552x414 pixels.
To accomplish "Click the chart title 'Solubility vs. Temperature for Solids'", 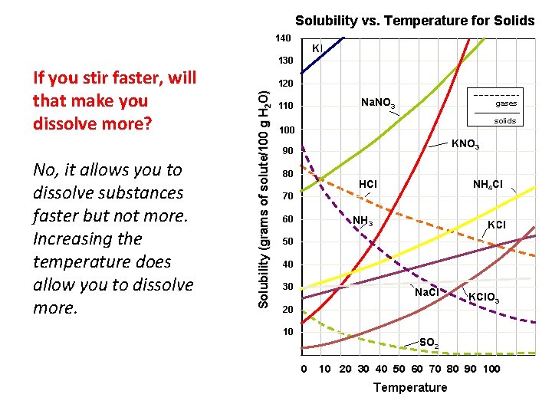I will [x=415, y=21].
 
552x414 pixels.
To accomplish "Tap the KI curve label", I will [x=317, y=48].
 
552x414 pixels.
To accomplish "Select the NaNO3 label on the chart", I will [x=378, y=103].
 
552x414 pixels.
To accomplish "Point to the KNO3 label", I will [x=465, y=144].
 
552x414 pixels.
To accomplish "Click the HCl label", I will [x=368, y=185].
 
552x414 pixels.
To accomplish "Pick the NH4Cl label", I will [x=488, y=185].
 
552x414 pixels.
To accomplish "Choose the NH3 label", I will [x=363, y=222].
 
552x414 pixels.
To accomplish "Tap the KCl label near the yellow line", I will [x=497, y=225].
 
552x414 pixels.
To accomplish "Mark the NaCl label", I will [x=426, y=293].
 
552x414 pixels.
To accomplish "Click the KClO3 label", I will [x=485, y=297].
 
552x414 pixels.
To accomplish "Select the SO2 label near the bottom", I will [x=429, y=342].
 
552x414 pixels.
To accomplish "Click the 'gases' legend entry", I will [x=505, y=103].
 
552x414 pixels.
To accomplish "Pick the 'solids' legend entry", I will [x=504, y=121].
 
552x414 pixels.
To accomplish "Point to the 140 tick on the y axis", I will [x=283, y=38].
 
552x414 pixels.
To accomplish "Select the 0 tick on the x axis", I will [x=304, y=369].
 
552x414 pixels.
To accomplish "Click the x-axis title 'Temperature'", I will [x=409, y=387].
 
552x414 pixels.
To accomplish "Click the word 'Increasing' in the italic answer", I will [x=72, y=238].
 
